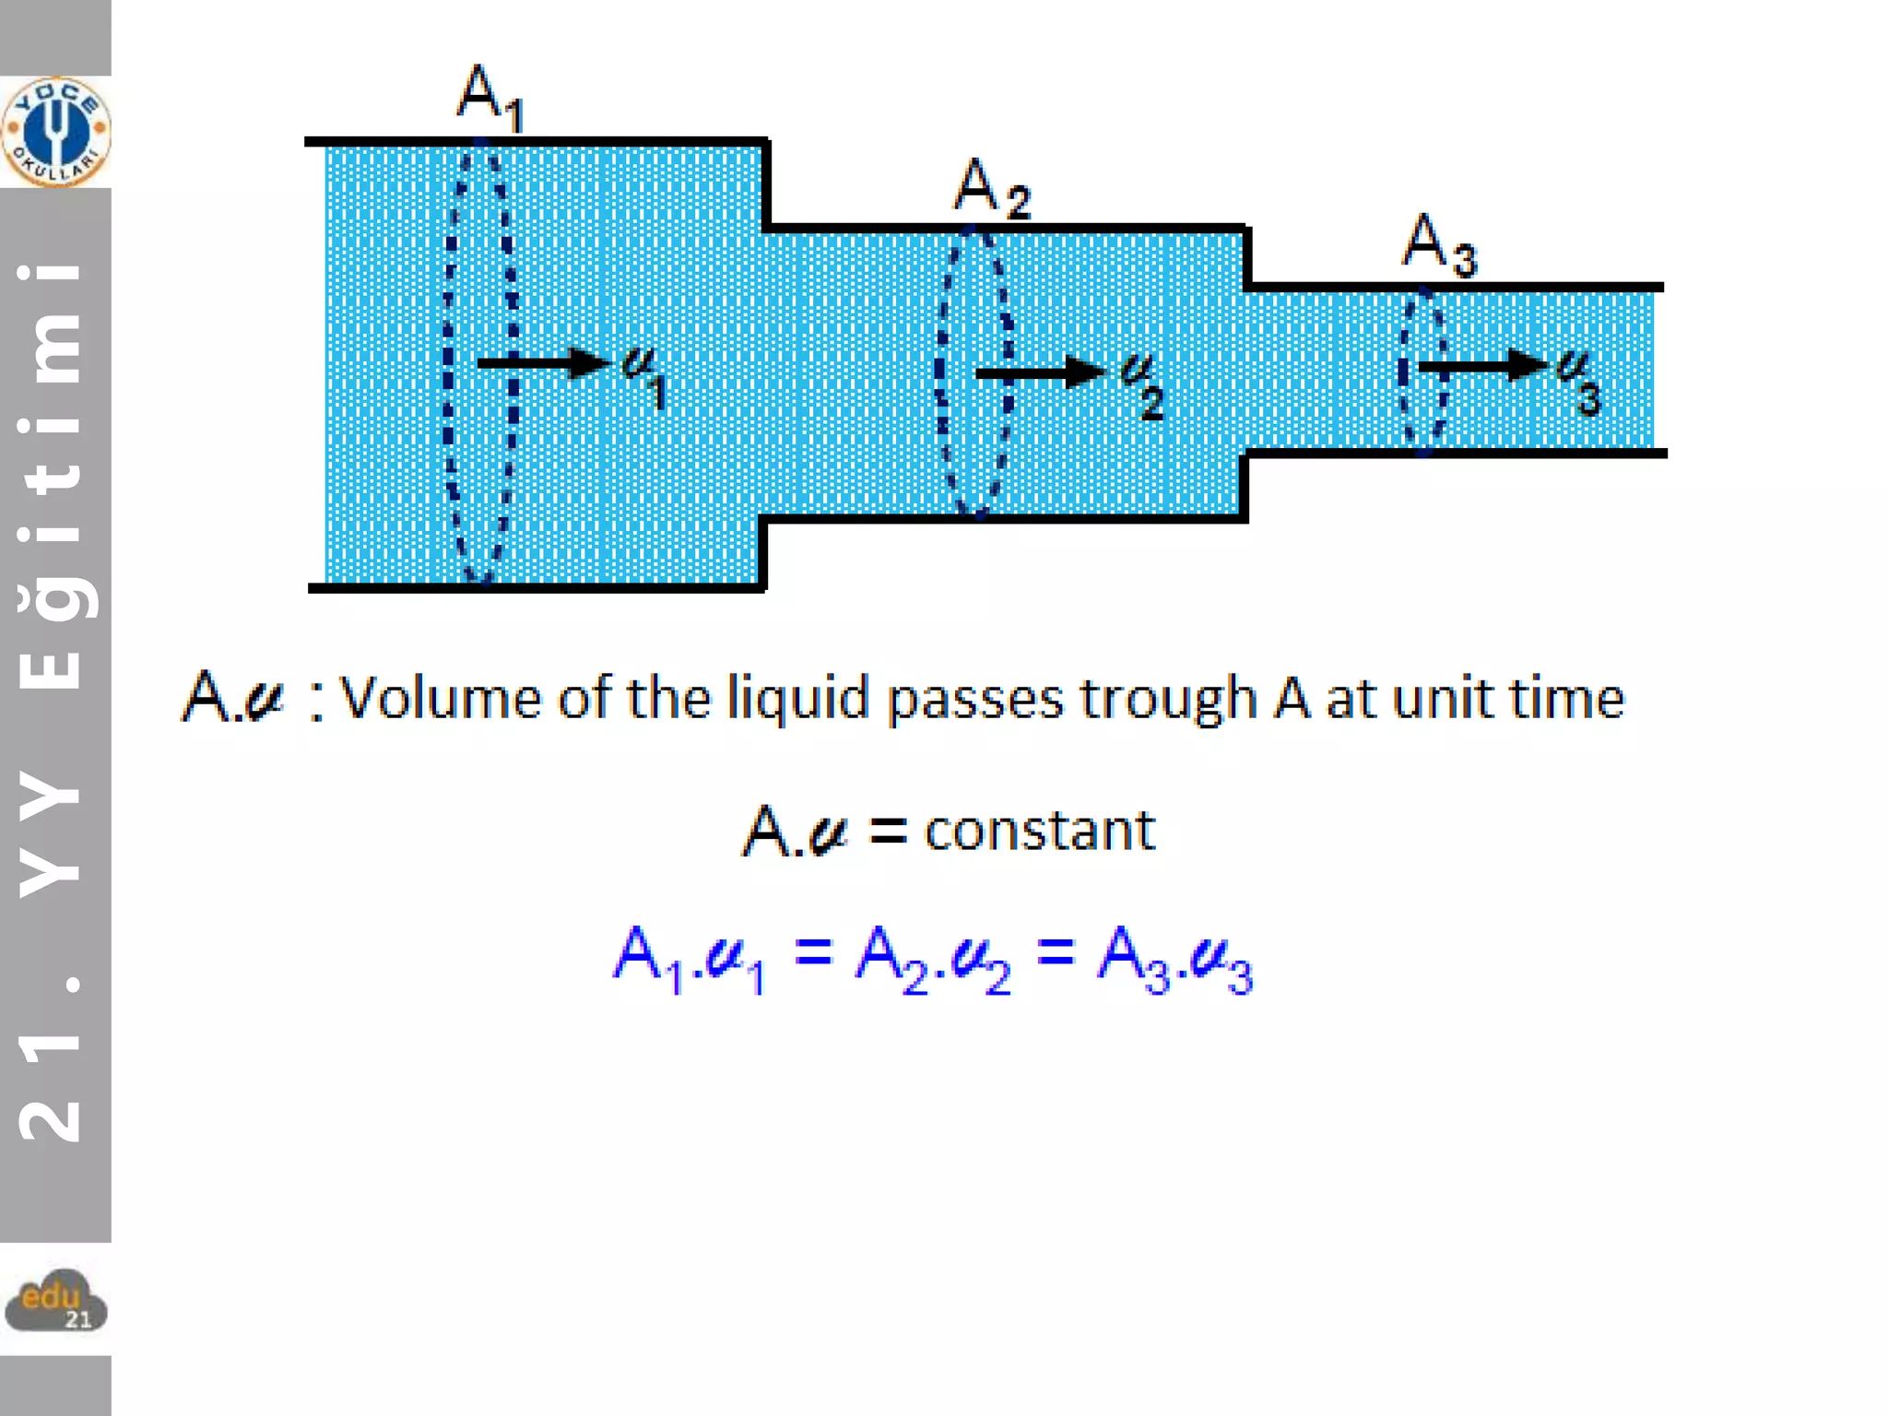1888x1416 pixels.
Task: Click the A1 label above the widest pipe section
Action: pyautogui.click(x=489, y=98)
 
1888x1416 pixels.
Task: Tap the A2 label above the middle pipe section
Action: pyautogui.click(x=990, y=188)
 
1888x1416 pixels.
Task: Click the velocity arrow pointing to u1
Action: pyautogui.click(x=543, y=362)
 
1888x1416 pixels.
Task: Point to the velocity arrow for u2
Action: pyautogui.click(x=1040, y=372)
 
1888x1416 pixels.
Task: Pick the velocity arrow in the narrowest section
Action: pyautogui.click(x=1481, y=366)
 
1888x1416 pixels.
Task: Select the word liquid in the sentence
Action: pyautogui.click(x=797, y=698)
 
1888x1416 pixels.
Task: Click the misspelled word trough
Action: pyautogui.click(x=1168, y=698)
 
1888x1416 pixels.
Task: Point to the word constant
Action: pyautogui.click(x=1039, y=831)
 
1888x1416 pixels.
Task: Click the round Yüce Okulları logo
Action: pyautogui.click(x=55, y=132)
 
